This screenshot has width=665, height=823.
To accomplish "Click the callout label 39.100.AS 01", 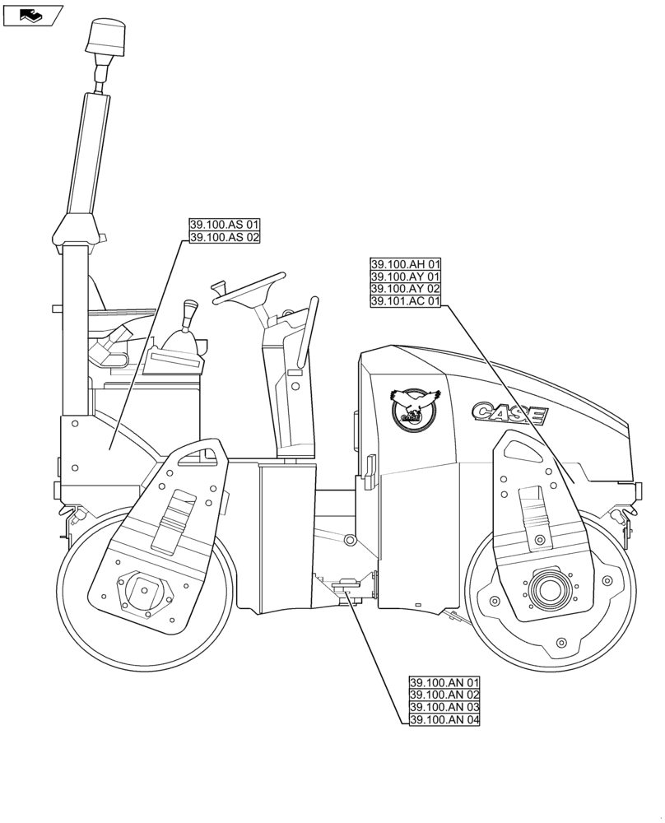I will [225, 225].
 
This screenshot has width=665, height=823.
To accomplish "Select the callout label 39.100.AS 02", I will [225, 237].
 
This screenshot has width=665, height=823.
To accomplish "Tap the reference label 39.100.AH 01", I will [406, 264].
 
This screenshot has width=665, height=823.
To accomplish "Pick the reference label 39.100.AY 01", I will [406, 277].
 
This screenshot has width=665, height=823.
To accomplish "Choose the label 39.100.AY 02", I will [406, 289].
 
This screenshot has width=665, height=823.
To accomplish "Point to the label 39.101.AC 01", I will [406, 301].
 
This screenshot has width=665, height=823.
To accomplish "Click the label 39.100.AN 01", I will [444, 683].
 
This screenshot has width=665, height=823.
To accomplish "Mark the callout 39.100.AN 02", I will [444, 695].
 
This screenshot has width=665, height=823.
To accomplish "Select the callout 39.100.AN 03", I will [444, 708].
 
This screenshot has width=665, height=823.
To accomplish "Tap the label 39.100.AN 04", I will [444, 720].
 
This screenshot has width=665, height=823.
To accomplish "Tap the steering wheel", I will [249, 290].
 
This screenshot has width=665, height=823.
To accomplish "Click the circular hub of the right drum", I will [546, 588].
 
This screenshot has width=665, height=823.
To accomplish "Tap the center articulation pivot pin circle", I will [351, 540].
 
